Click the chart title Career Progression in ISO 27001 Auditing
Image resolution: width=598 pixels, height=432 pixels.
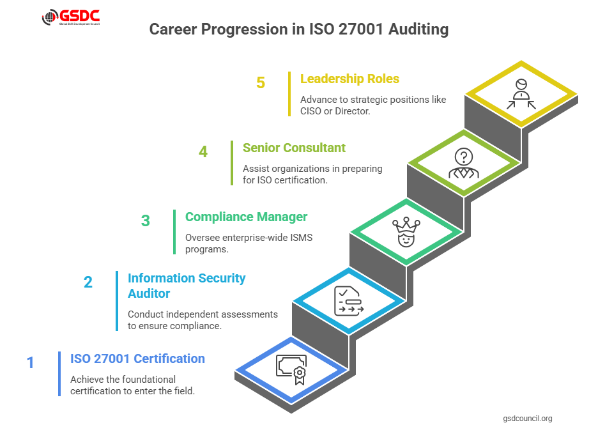(298, 29)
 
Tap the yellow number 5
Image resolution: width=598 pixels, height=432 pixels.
(261, 83)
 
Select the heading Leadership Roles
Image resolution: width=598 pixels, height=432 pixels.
(349, 79)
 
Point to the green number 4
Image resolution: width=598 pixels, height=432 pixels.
(203, 152)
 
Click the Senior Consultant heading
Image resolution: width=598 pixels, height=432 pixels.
(294, 148)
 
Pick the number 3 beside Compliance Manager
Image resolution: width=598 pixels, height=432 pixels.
(146, 221)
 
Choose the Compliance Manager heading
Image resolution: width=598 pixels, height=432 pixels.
(246, 217)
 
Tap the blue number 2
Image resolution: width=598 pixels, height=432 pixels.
(88, 282)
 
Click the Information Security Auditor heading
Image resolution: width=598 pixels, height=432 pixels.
(187, 286)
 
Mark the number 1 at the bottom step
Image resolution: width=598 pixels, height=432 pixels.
(30, 363)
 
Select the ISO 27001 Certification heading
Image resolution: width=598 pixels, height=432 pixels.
(137, 359)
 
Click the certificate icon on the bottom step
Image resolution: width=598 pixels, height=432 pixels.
(291, 369)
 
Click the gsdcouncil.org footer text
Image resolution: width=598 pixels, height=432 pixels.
(528, 419)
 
